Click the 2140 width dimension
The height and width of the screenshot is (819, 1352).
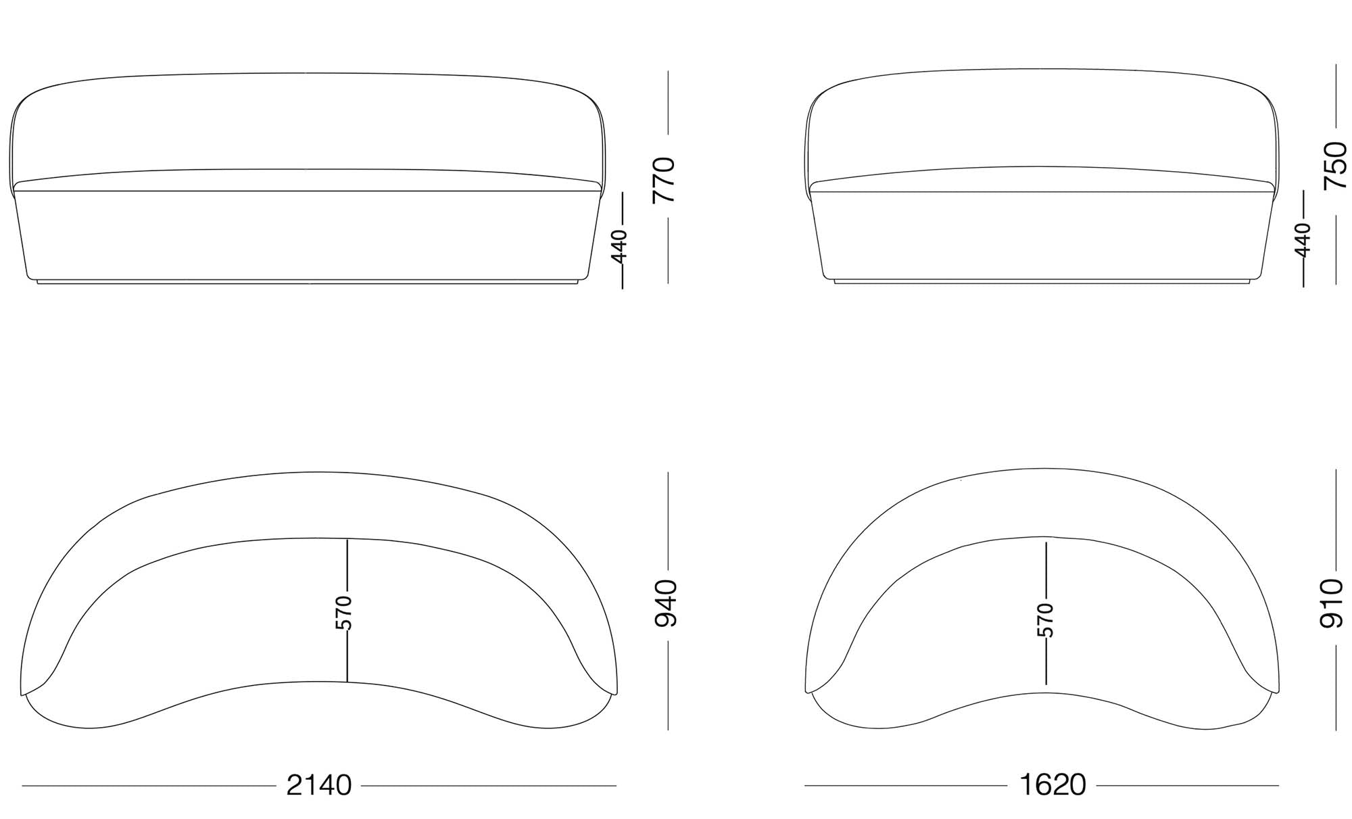pos(319,785)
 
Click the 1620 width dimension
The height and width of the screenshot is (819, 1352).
pos(1053,785)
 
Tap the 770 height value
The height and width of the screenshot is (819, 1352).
pos(663,180)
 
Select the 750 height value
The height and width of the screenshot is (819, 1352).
pos(1335,166)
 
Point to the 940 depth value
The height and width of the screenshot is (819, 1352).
pos(667,603)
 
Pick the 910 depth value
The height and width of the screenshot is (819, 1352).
pos(1332,603)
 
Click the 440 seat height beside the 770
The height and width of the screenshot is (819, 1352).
pos(619,245)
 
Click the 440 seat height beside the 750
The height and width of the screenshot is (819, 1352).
pos(1302,239)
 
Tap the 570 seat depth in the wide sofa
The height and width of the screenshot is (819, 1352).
pos(344,612)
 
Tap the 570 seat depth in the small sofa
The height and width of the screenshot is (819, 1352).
pos(1044,620)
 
